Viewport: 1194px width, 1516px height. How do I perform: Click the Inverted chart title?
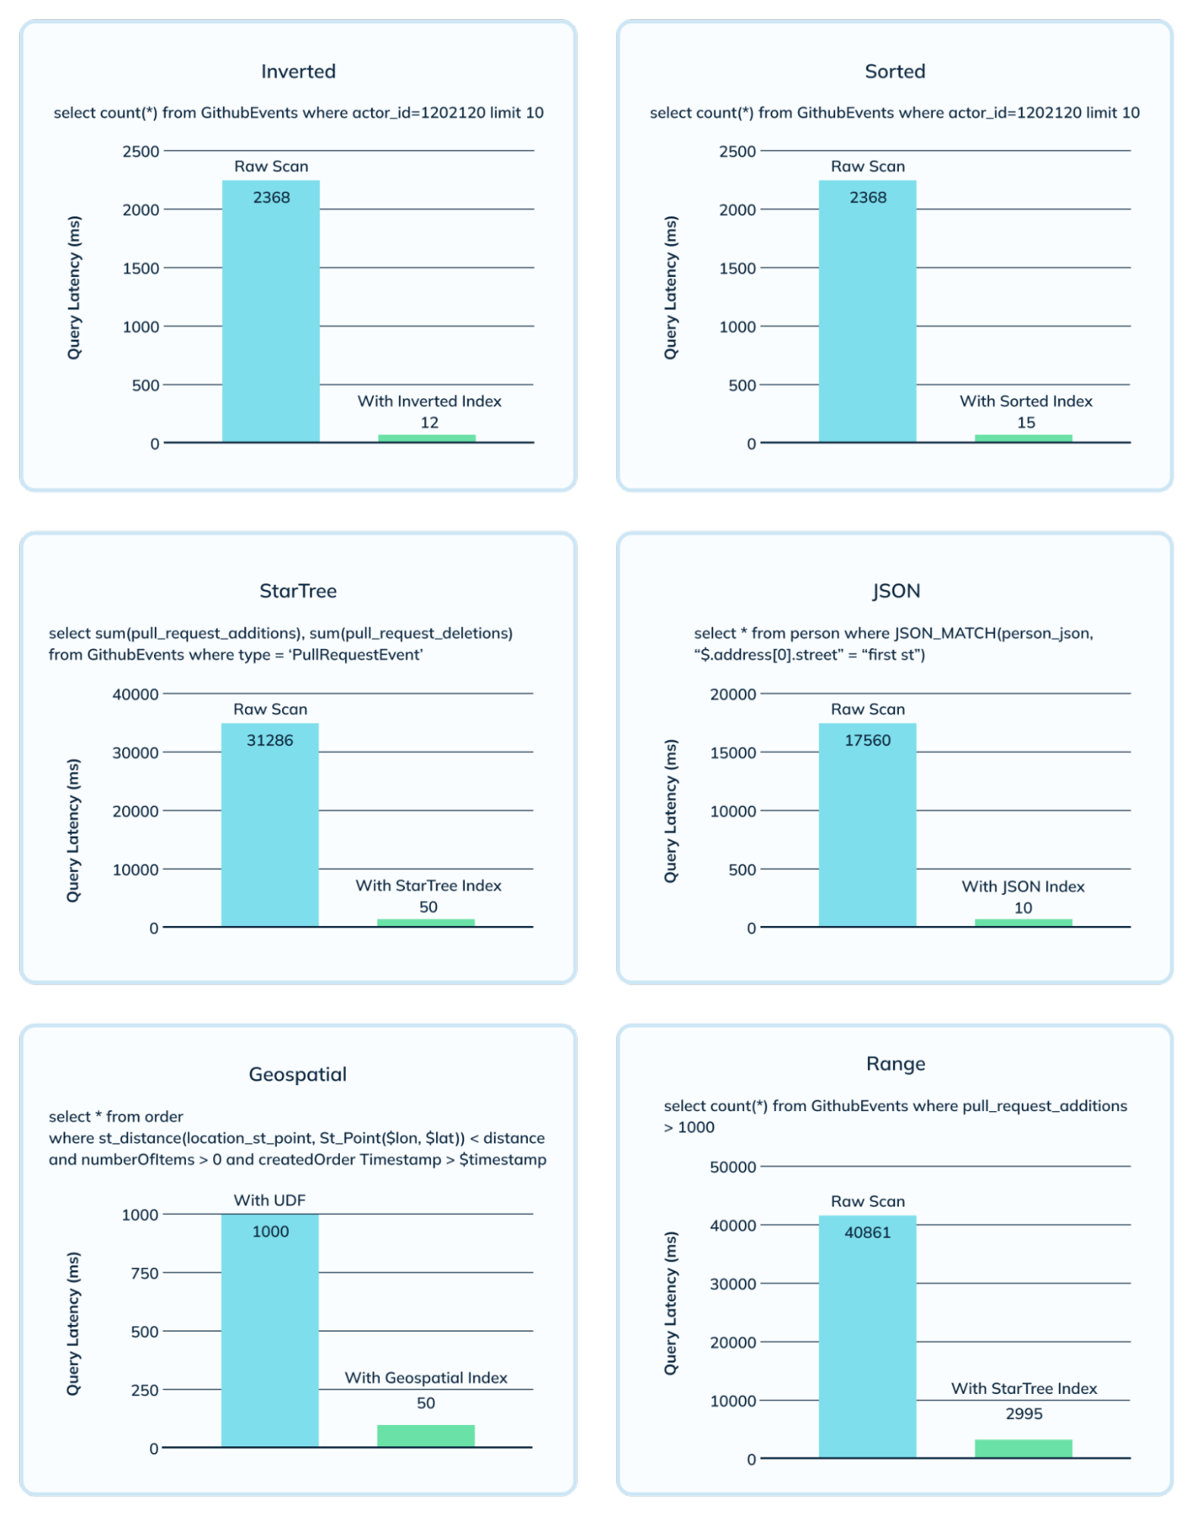point(298,71)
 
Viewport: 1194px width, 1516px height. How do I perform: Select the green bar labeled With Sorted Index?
point(1023,438)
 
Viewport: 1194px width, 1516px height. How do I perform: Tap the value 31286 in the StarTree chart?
point(269,740)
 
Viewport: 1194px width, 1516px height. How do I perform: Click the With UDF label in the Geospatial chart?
point(269,1200)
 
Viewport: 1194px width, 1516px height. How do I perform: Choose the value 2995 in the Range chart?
point(1024,1414)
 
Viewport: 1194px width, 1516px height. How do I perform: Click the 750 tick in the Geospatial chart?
point(144,1273)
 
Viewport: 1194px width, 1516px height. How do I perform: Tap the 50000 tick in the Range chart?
point(733,1167)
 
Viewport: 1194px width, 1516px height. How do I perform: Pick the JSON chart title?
point(896,591)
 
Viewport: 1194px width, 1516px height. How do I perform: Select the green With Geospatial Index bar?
point(426,1436)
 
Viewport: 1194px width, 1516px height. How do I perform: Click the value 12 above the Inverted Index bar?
point(429,422)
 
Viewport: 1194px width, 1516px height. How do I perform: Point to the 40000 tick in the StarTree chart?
point(136,695)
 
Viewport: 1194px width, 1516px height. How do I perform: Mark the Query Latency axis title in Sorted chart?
point(671,287)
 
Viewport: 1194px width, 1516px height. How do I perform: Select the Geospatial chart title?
point(297,1074)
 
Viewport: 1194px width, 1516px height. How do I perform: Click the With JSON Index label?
point(1023,887)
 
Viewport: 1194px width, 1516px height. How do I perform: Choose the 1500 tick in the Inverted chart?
point(141,268)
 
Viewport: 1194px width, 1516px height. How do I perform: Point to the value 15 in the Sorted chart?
point(1026,422)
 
